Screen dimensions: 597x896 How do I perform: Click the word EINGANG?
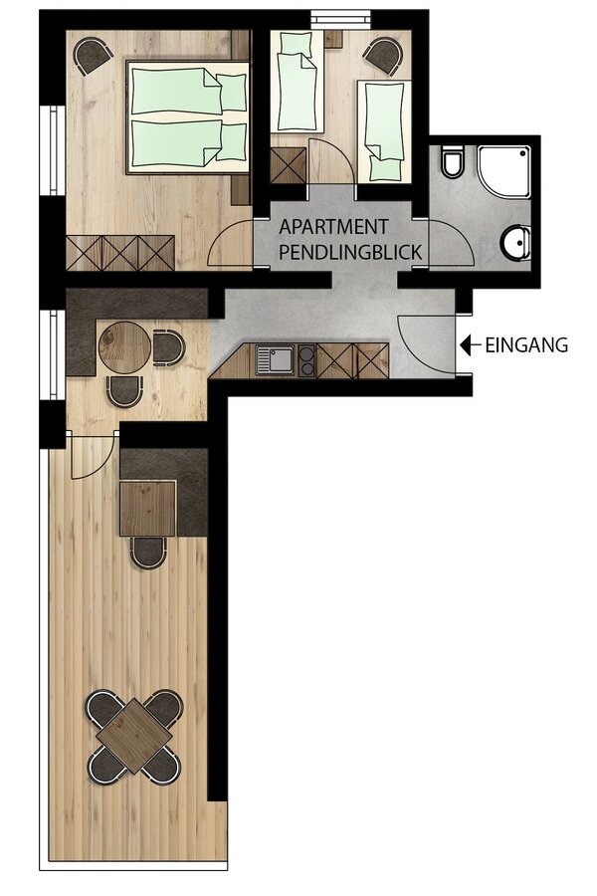coord(526,345)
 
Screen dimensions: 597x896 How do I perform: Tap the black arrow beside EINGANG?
coord(470,344)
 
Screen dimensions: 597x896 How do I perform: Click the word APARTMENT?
coord(333,227)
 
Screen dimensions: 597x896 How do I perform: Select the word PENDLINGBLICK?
coord(350,252)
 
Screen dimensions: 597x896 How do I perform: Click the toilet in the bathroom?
coord(452,162)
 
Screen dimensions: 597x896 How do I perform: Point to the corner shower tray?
coord(504,172)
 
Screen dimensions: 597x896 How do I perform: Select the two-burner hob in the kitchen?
coord(306,361)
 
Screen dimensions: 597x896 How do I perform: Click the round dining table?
coord(124,346)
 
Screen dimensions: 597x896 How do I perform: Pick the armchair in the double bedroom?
coord(94,55)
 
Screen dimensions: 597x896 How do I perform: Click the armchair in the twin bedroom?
coord(383,56)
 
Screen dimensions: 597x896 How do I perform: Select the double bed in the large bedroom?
coord(187,116)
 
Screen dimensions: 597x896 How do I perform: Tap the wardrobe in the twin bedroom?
coord(289,165)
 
